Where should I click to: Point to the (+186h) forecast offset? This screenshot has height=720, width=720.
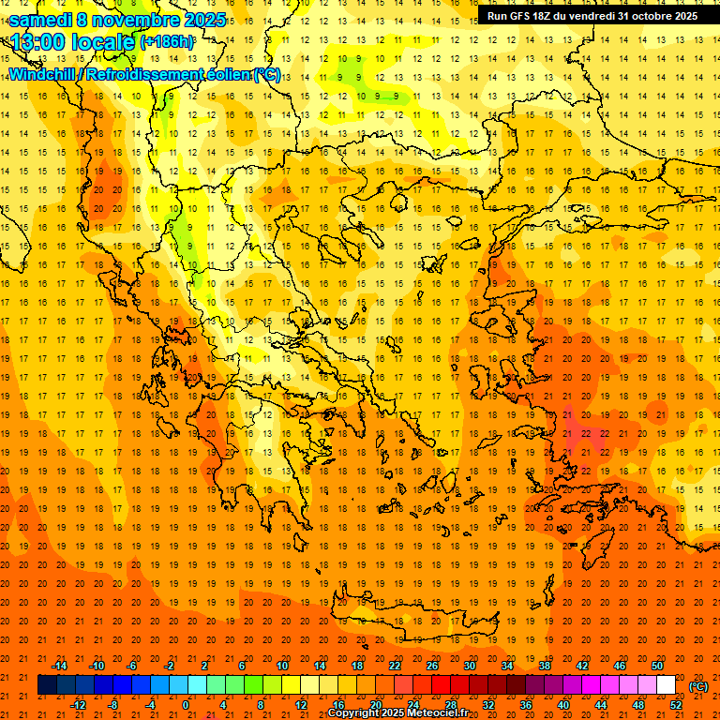(x=168, y=42)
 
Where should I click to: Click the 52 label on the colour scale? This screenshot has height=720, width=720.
(x=676, y=704)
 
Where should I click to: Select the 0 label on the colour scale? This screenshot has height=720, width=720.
(x=186, y=704)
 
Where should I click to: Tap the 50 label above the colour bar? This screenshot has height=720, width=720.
(x=657, y=666)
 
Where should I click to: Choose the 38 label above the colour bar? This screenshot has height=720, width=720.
(x=545, y=666)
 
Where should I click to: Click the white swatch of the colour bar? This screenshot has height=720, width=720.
(x=666, y=684)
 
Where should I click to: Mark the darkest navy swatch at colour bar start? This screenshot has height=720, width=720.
(x=47, y=684)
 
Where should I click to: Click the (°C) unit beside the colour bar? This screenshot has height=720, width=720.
(x=698, y=686)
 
